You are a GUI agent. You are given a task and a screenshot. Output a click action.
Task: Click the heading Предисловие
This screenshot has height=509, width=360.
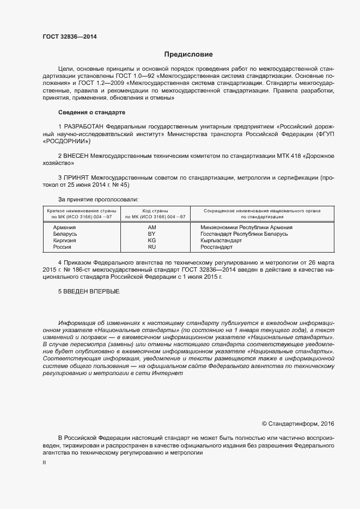pos(188,54)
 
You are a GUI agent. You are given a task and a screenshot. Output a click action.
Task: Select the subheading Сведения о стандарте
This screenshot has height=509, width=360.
pos(91,112)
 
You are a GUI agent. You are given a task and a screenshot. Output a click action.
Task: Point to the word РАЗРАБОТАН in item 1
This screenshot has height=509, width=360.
pos(83,126)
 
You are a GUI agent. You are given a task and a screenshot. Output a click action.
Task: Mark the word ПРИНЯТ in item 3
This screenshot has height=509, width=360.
pos(78,177)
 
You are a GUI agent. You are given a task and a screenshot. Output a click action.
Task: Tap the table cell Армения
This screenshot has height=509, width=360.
pos(64,227)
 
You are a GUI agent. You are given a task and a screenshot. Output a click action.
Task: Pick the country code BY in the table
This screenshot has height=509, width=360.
pos(152,234)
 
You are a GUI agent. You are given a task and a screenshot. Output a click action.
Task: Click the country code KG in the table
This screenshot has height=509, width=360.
pos(152,240)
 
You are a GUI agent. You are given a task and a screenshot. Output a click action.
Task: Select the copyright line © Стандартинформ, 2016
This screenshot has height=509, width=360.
pos(298,423)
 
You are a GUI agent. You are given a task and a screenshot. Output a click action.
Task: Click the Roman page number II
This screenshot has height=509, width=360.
pos(44,463)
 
